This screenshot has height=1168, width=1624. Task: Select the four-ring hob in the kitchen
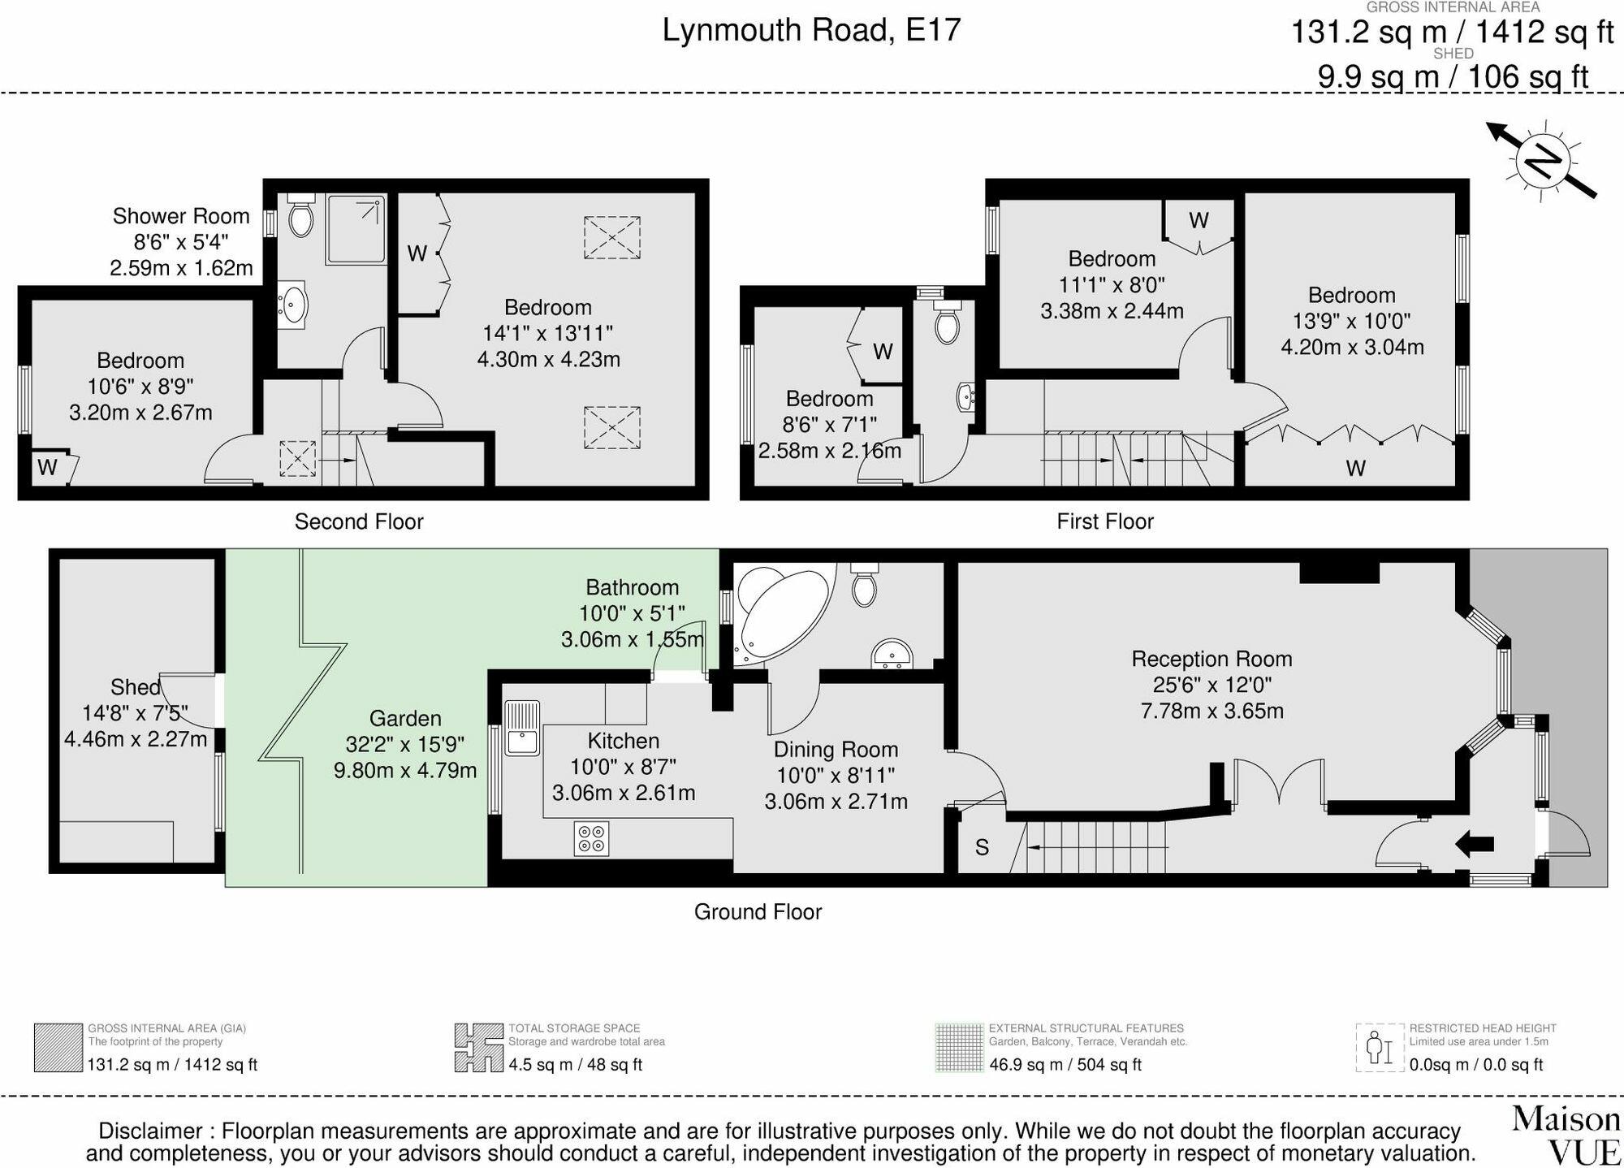pyautogui.click(x=590, y=839)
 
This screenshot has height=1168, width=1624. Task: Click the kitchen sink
pyautogui.click(x=521, y=727)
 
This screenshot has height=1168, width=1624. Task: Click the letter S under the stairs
pyautogui.click(x=982, y=848)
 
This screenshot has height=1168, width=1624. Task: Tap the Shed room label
pyautogui.click(x=135, y=687)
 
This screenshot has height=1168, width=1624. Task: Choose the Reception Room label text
pyautogui.click(x=1212, y=659)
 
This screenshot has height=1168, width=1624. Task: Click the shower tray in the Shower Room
pyautogui.click(x=356, y=228)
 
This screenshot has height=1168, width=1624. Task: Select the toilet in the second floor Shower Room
pyautogui.click(x=300, y=216)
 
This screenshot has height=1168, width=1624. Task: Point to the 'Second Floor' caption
pyautogui.click(x=359, y=521)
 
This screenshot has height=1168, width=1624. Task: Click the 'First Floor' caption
pyautogui.click(x=1104, y=521)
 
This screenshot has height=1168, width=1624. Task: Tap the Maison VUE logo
pyautogui.click(x=1566, y=1135)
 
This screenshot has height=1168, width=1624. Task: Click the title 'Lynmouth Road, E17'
pyautogui.click(x=811, y=31)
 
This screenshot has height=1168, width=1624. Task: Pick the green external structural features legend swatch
pyautogui.click(x=959, y=1048)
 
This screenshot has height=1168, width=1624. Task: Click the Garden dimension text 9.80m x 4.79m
pyautogui.click(x=405, y=770)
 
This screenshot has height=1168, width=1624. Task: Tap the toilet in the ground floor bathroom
pyautogui.click(x=865, y=586)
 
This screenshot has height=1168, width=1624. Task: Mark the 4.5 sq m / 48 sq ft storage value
pyautogui.click(x=575, y=1065)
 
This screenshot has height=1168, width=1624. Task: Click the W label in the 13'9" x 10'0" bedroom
pyautogui.click(x=1355, y=468)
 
